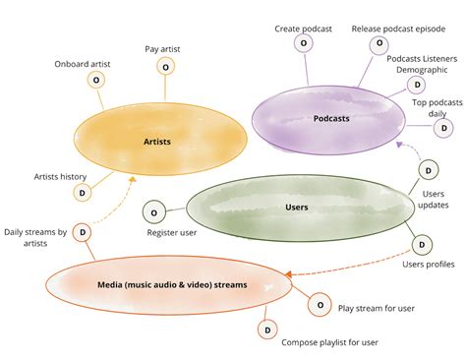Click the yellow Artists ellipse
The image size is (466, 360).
pyautogui.click(x=156, y=142)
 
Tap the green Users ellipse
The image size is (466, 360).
pyautogui.click(x=296, y=208)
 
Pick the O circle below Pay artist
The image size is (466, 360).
pyautogui.click(x=165, y=67)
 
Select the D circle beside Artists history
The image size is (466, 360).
pyautogui.click(x=83, y=193)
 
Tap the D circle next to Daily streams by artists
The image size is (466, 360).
pyautogui.click(x=84, y=232)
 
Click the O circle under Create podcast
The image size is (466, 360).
pyautogui.click(x=304, y=44)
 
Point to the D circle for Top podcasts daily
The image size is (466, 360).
pyautogui.click(x=443, y=127)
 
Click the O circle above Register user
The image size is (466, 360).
pyautogui.click(x=153, y=211)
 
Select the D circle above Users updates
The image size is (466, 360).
pyautogui.click(x=429, y=170)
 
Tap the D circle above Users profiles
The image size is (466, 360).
pyautogui.click(x=421, y=244)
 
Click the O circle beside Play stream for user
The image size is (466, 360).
pyautogui.click(x=320, y=305)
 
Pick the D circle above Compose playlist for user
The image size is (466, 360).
pyautogui.click(x=266, y=330)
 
